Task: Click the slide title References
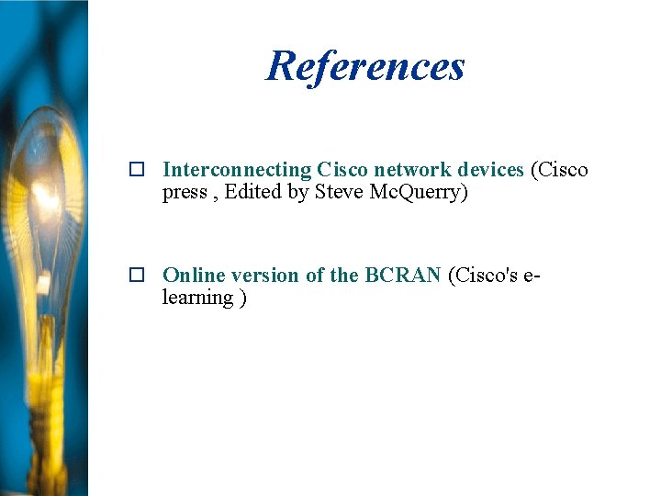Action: (x=365, y=65)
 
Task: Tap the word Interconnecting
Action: (x=237, y=170)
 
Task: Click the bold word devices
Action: (x=490, y=170)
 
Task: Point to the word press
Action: (x=185, y=192)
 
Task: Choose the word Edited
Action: (x=252, y=192)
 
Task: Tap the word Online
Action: (x=194, y=276)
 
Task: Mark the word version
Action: (x=265, y=276)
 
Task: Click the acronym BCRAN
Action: (x=403, y=276)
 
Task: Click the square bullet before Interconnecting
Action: (x=137, y=170)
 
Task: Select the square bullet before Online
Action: (x=137, y=276)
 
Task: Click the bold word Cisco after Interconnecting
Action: (x=342, y=170)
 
